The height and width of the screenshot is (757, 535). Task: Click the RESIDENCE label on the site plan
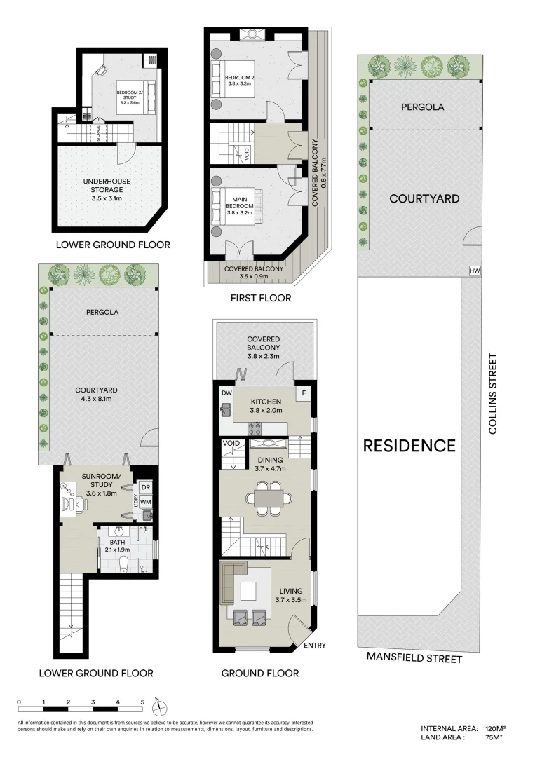coord(409,445)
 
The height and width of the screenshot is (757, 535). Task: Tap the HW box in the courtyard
coord(475,271)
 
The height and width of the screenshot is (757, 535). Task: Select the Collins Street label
coord(493,394)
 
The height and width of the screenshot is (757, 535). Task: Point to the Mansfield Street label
coord(414,659)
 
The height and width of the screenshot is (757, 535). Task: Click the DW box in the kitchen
coord(226,393)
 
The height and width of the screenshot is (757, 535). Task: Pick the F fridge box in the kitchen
coord(304,393)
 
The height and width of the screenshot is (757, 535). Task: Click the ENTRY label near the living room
coord(314,646)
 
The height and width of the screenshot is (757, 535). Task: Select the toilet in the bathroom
coord(124,564)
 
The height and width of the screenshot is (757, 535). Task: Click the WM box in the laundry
coord(146,502)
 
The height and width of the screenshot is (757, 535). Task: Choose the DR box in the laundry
coord(146,487)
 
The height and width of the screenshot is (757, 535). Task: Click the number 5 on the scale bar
coord(142,702)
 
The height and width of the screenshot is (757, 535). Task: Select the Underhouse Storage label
coord(103,189)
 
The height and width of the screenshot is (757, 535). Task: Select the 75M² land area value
coord(494,737)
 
